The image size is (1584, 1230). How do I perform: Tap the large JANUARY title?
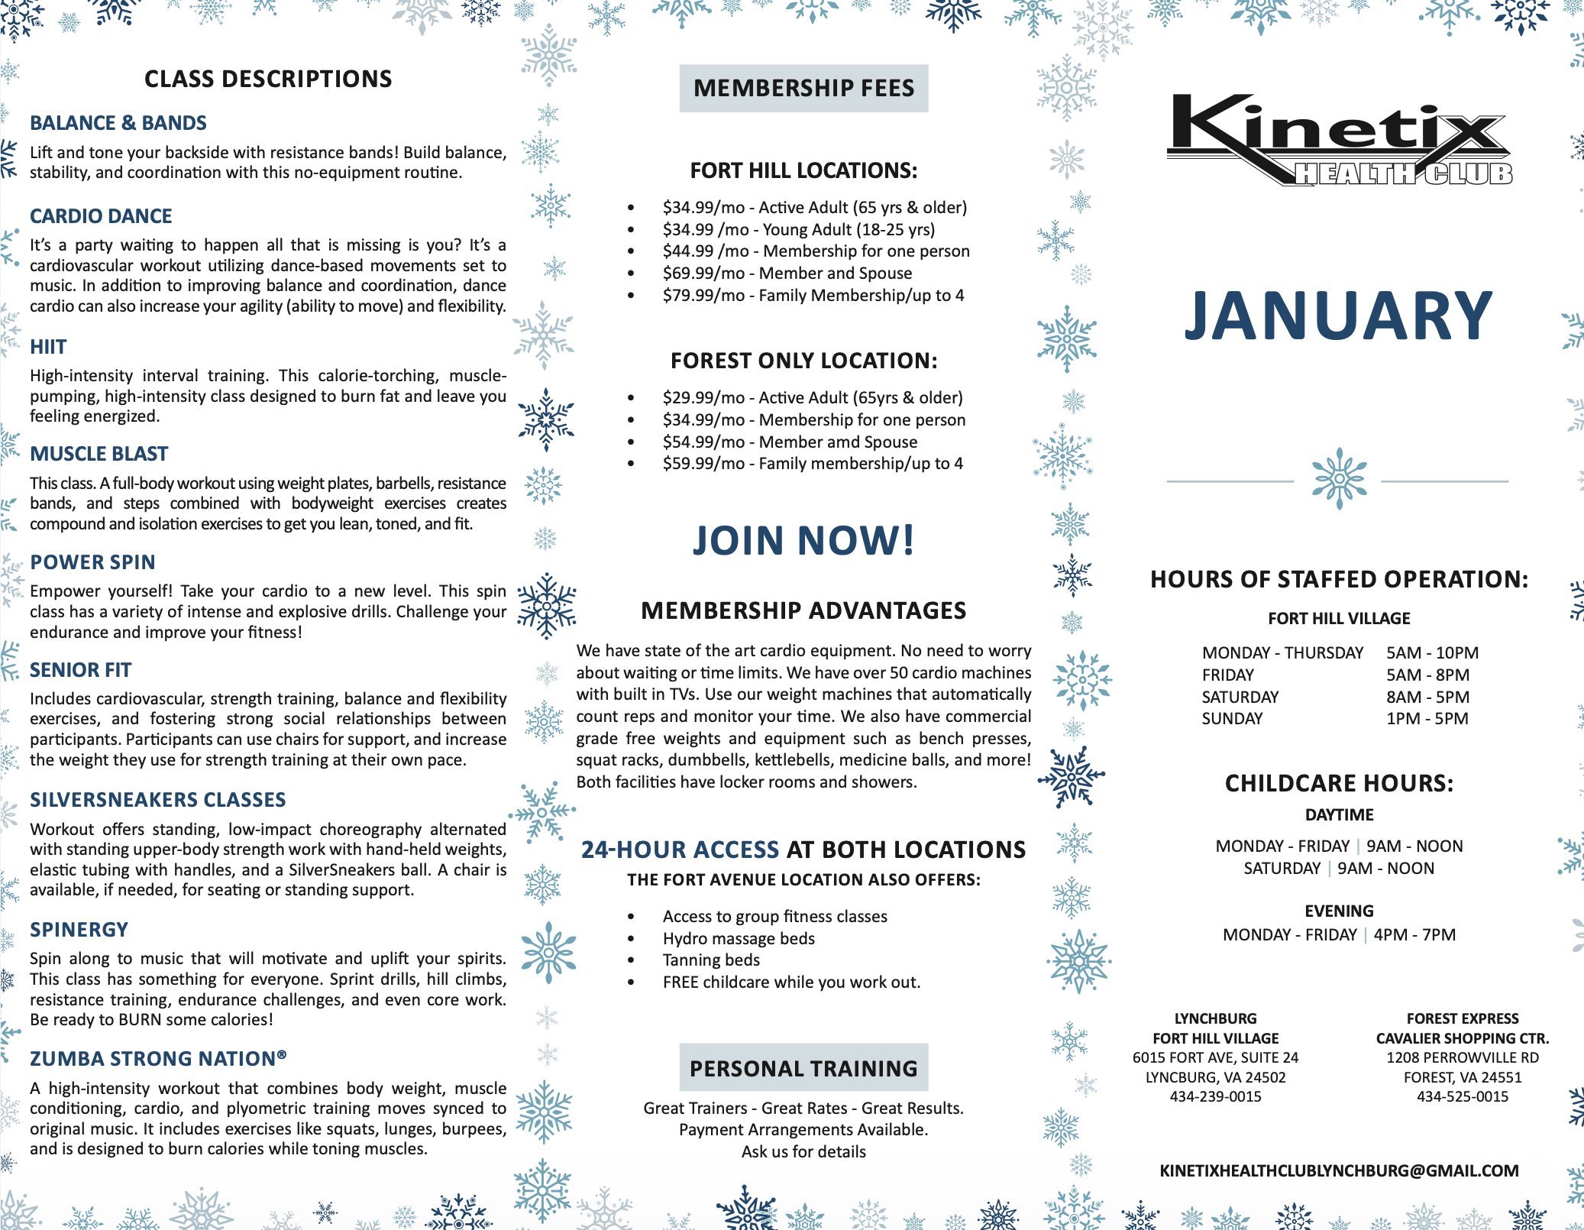tap(1338, 316)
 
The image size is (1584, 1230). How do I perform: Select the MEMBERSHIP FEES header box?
tap(803, 89)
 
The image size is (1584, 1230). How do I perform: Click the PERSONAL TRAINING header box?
tap(803, 1068)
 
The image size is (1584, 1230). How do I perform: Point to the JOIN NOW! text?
tap(803, 541)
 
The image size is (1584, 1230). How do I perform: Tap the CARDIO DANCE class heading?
tap(101, 216)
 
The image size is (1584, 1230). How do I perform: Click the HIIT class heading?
tap(48, 347)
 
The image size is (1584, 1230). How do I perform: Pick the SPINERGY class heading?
tap(79, 930)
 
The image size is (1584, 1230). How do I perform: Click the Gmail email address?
tap(1339, 1171)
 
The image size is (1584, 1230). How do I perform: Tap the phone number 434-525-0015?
tap(1463, 1097)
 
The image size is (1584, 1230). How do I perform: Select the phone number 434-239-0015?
tap(1215, 1097)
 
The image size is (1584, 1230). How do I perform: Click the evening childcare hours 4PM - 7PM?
tap(1414, 935)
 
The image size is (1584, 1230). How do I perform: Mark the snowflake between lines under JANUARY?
tap(1339, 479)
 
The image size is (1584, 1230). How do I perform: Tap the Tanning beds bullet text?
tap(711, 960)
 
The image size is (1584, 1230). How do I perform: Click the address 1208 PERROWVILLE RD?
tap(1463, 1058)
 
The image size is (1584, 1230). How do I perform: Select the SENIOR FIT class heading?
tap(80, 670)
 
